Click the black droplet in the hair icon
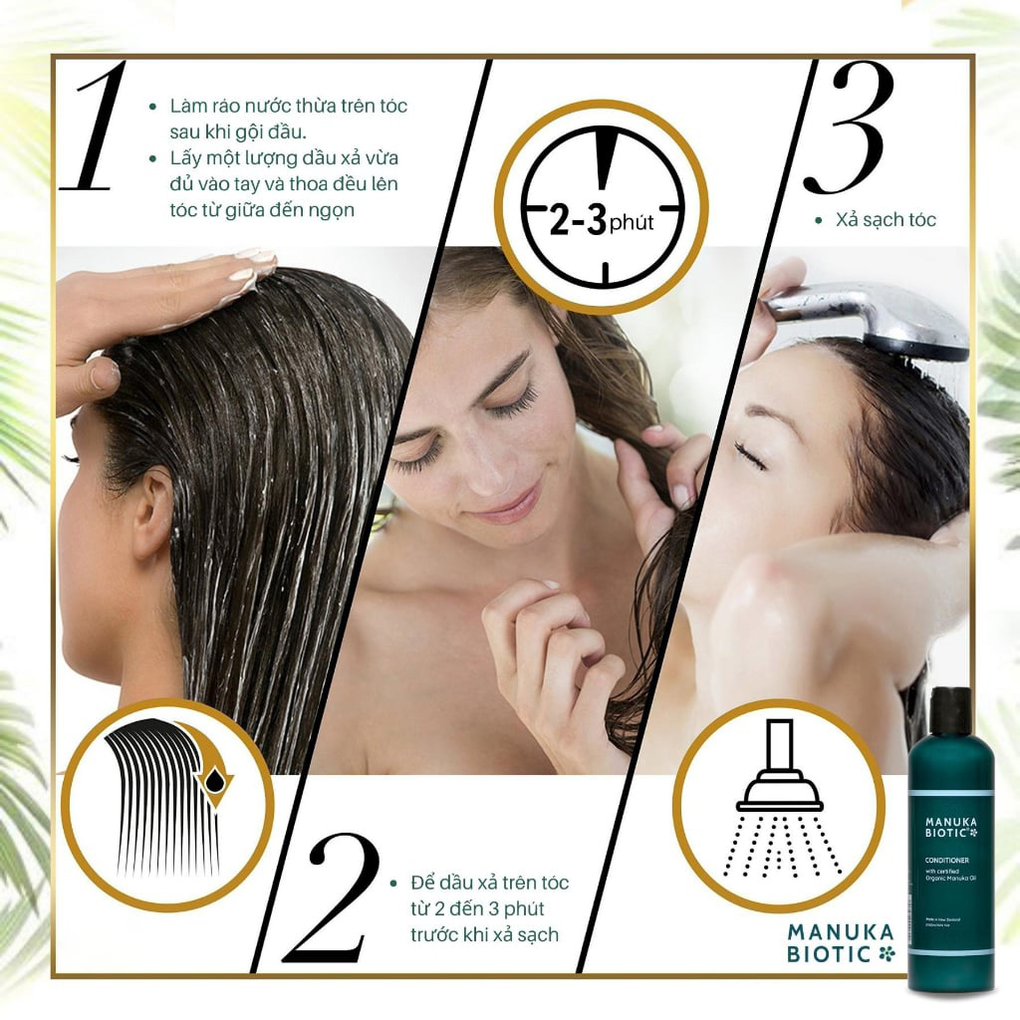tap(213, 781)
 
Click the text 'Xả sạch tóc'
tap(886, 220)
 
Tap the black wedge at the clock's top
tap(602, 158)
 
